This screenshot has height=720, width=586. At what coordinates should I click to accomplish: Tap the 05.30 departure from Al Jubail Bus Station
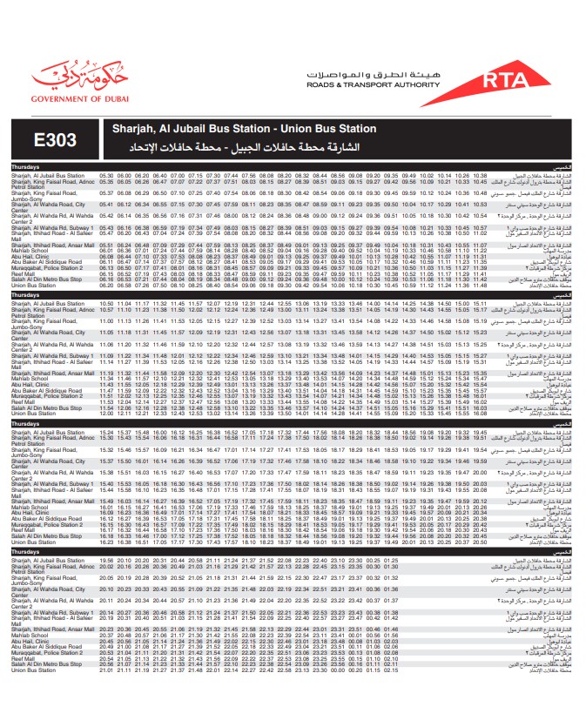106,175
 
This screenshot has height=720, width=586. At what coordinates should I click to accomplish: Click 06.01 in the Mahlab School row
106,251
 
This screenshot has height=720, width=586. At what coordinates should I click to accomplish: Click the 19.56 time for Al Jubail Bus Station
107,560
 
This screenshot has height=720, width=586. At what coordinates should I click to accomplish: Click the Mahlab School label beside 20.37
30,636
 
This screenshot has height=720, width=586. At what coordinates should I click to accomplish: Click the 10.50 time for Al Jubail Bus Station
106,303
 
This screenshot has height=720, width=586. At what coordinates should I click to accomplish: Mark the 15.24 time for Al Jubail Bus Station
107,432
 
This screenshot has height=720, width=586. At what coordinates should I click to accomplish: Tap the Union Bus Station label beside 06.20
33,285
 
